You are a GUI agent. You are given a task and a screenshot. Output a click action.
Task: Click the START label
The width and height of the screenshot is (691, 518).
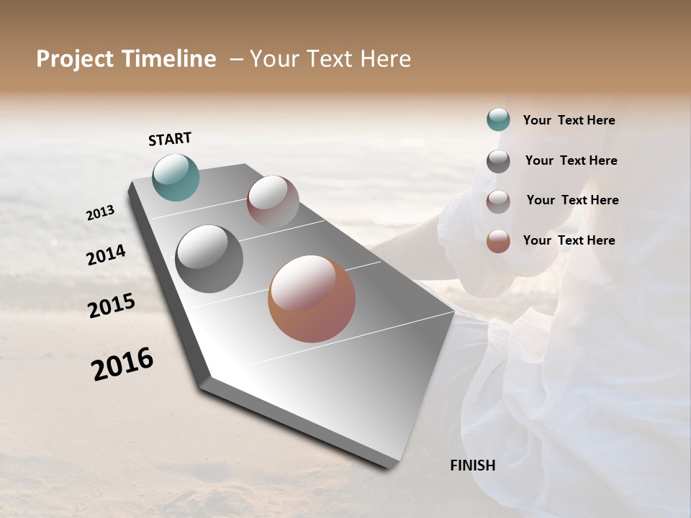coord(170,139)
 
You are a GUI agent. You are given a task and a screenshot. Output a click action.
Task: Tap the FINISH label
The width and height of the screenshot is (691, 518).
coord(472,465)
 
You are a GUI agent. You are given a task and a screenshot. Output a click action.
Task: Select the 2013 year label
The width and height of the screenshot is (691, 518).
coord(100,213)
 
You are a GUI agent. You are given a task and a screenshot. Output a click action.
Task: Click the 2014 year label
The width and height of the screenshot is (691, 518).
coord(106,255)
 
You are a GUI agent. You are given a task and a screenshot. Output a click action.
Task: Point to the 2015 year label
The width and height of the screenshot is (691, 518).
coord(112,306)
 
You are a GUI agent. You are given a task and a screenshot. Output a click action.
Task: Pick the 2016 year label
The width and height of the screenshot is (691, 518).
coord(122,364)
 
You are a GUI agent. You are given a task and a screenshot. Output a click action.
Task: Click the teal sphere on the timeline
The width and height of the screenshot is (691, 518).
coord(176,177)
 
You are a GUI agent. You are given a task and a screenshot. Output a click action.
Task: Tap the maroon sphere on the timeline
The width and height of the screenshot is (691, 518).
coord(273,201)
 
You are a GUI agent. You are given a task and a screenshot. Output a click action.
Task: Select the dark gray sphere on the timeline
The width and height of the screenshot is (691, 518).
coord(209,259)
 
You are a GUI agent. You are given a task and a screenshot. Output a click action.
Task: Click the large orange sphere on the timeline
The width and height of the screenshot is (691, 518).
coord(312,299)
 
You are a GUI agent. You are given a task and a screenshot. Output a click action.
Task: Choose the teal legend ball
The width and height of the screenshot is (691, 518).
coord(498,119)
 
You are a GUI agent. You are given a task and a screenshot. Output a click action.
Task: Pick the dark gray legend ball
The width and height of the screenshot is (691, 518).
coord(498,161)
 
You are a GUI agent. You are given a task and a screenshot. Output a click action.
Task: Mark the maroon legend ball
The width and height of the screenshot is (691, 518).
coord(498,201)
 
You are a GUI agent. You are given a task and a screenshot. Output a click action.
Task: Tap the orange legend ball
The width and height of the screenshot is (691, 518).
coord(498,241)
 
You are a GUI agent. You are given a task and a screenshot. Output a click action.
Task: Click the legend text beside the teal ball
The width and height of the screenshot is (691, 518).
coord(569,120)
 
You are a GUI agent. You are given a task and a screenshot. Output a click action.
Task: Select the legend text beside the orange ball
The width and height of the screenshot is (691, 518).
coord(569,240)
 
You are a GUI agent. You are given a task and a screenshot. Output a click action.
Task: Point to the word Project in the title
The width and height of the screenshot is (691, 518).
coord(75,59)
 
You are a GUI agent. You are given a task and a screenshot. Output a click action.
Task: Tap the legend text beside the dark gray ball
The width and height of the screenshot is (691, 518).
coord(571,160)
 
